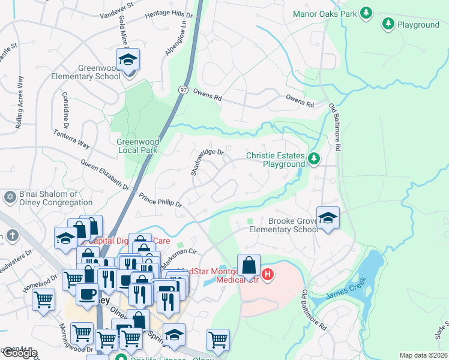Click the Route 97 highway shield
pos(184,89)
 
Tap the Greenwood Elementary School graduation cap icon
pos(128,61)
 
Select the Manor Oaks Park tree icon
pos(366,13)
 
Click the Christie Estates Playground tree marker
pos(313,159)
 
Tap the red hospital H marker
pos(268,275)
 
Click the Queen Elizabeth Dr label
pos(105,176)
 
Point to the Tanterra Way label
pos(71,139)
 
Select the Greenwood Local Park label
pos(137,146)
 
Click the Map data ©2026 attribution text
pos(423,355)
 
